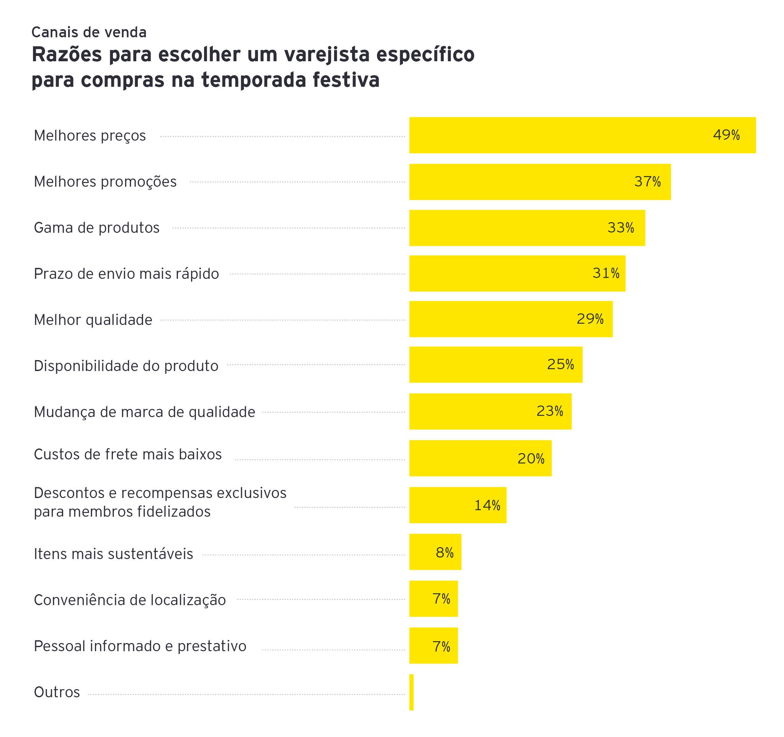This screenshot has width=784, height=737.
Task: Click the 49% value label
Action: [x=726, y=135]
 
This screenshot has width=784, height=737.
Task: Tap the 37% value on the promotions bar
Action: [x=647, y=182]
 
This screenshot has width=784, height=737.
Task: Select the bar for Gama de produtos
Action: [x=527, y=228]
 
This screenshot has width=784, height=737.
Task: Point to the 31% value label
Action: [x=606, y=273]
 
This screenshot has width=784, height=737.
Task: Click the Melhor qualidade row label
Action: [x=93, y=319]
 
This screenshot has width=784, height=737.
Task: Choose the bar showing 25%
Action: [x=496, y=365]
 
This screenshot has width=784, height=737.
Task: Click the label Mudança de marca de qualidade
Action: [x=144, y=412]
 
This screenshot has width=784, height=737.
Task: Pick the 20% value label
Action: [x=531, y=459]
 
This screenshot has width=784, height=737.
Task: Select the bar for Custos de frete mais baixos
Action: [x=480, y=458]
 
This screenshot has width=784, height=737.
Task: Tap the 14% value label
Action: [x=487, y=505]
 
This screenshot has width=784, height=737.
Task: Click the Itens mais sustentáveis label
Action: [x=114, y=554]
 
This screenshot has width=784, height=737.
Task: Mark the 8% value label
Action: [x=444, y=553]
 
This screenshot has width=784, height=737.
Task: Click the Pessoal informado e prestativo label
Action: [x=140, y=646]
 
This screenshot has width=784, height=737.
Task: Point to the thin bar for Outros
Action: [x=411, y=692]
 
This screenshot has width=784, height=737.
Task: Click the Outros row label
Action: [x=57, y=692]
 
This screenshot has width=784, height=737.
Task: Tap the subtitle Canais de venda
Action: [x=89, y=32]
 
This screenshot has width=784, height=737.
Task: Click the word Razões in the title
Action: [x=67, y=54]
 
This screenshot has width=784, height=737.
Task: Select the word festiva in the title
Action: [x=346, y=80]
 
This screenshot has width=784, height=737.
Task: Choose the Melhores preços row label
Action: [x=90, y=136]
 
